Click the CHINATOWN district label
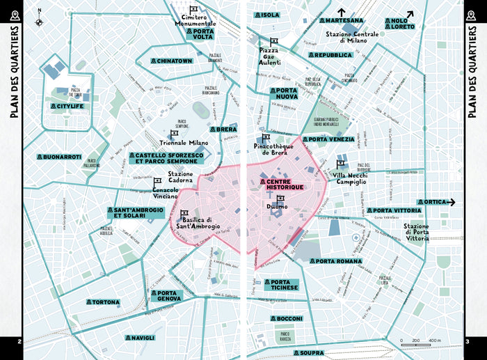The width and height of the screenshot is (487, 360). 171,61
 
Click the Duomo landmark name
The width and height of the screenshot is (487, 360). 276,206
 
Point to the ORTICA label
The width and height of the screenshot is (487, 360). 434,203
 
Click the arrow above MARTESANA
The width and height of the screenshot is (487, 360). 341,11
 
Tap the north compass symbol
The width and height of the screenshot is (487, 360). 40,19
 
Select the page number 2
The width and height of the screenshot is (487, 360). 19,341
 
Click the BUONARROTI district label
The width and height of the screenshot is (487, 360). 61,157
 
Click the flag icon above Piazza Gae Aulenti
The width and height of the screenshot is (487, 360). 274,41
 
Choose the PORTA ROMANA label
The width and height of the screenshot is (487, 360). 336,261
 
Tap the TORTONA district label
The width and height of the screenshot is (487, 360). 102,302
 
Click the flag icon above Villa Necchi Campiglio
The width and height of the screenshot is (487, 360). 341,164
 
